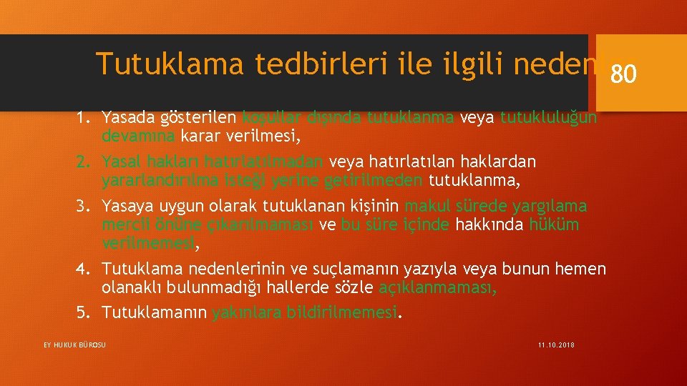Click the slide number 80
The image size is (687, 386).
click(x=623, y=74)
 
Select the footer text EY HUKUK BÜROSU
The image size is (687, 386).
click(x=74, y=345)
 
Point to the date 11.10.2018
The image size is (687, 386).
click(x=556, y=345)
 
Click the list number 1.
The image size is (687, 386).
click(x=82, y=117)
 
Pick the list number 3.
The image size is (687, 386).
click(x=82, y=207)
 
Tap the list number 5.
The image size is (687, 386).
click(x=82, y=313)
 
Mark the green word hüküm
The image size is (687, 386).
click(x=554, y=225)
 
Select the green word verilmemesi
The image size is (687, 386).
click(x=147, y=243)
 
